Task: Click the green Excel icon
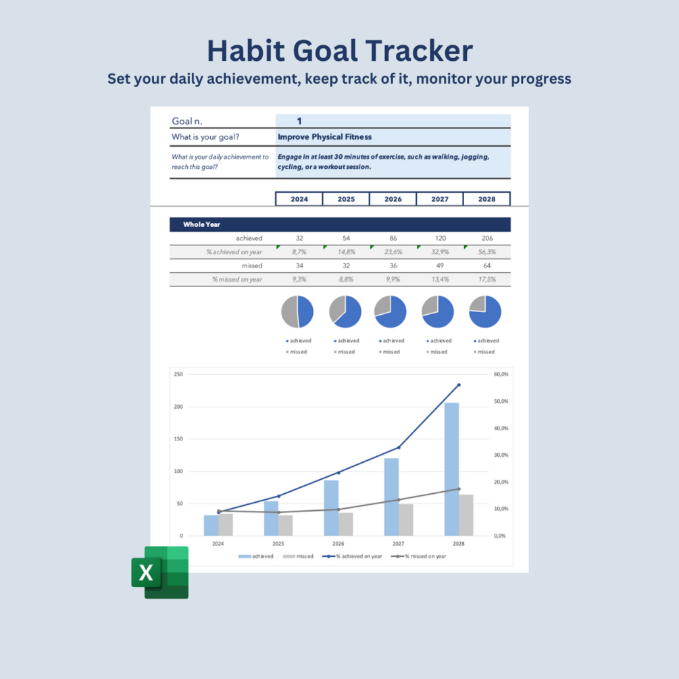pos(160,573)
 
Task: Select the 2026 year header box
pos(393,199)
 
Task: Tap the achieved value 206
pos(486,238)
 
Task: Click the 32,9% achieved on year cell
pos(440,252)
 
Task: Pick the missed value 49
pos(440,266)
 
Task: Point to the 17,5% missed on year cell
pos(486,279)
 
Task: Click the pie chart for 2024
pos(297,311)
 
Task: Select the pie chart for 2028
pos(485,311)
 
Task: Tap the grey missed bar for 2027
pos(406,520)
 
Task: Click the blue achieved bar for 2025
pos(271,518)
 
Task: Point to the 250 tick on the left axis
pos(178,374)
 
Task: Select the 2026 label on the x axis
pos(338,543)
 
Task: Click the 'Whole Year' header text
pos(201,224)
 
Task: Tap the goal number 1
pos(299,122)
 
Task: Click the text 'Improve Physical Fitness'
pos(324,137)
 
